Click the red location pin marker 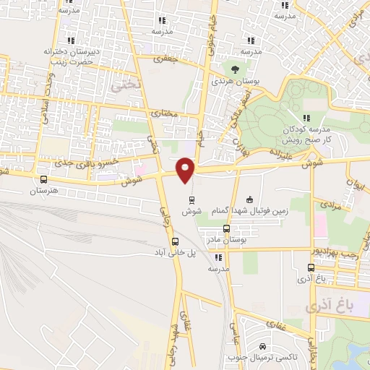[x=186, y=170]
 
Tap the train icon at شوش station [x=192, y=200]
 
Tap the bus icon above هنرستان [x=43, y=180]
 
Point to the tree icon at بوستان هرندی [x=235, y=69]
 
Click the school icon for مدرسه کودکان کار [x=306, y=117]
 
